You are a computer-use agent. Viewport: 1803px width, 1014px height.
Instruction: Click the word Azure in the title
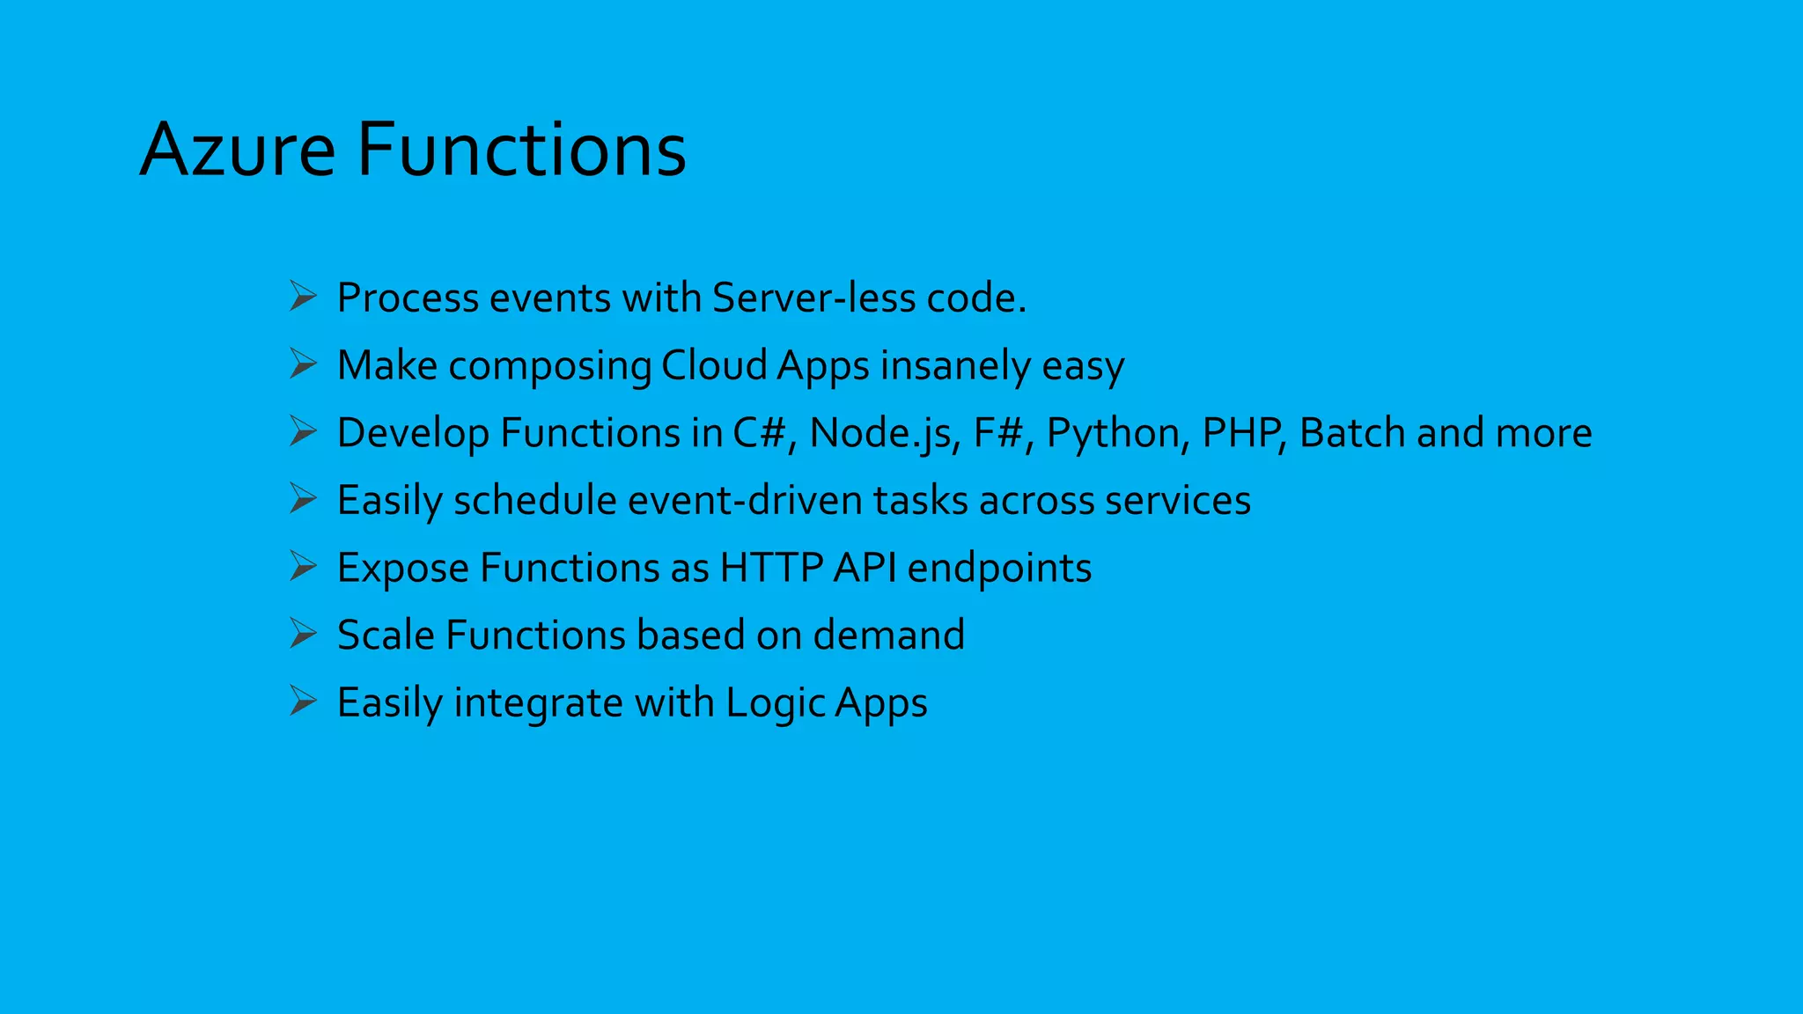coord(238,150)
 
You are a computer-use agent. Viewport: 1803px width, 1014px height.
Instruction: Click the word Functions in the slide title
coord(521,150)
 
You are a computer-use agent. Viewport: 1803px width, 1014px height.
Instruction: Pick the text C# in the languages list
coord(759,433)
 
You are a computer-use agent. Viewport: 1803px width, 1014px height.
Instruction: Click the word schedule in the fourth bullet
coord(534,500)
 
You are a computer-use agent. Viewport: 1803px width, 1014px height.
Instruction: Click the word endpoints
coord(999,568)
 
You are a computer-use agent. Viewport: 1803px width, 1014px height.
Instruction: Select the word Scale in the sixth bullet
coord(386,635)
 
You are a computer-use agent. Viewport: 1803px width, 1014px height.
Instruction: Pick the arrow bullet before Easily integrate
coord(303,702)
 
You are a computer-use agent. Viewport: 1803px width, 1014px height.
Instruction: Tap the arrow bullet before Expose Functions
coord(303,567)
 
